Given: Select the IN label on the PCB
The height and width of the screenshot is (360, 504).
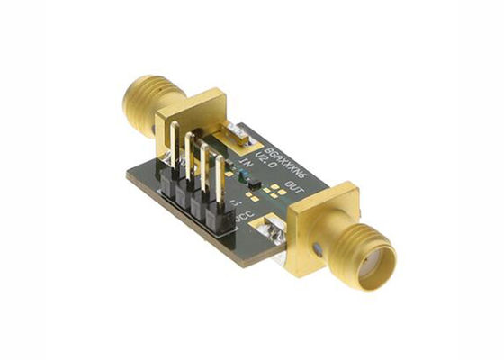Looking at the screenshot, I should click(x=245, y=165).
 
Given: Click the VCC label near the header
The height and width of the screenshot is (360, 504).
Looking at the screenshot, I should click(x=243, y=220).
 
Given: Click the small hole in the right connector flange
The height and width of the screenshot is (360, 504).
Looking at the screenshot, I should click(x=317, y=245).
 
